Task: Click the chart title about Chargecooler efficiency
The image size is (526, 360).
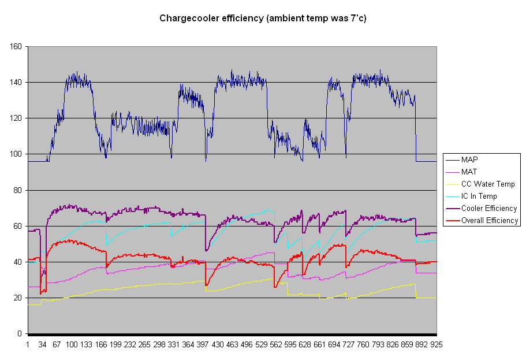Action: coord(263,18)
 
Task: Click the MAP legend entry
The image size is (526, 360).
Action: coord(469,159)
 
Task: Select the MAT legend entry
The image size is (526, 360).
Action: coord(469,172)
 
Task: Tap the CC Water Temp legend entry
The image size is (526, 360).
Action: coord(487,184)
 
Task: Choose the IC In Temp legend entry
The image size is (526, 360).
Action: coord(479,196)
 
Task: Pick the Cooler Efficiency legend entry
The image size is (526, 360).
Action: coord(488,208)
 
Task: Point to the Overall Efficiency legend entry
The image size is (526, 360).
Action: coord(490,220)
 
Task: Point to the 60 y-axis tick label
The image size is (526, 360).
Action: coord(18,227)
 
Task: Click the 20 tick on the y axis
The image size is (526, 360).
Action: coord(18,298)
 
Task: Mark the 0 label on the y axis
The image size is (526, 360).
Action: coord(20,334)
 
